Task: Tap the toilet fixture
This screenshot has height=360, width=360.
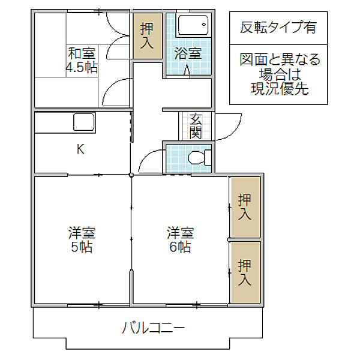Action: (x=197, y=158)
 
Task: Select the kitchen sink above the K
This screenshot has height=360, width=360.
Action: (x=82, y=122)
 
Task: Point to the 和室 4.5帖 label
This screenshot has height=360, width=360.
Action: (x=81, y=61)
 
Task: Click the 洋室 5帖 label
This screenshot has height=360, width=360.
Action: (x=82, y=239)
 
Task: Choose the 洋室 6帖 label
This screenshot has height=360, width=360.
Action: (x=180, y=239)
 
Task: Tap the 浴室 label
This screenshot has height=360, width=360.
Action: (x=188, y=53)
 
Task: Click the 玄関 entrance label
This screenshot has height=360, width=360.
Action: (x=196, y=125)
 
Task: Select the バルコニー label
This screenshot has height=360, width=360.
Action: (x=154, y=328)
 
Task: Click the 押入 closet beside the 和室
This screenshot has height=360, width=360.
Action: (x=148, y=35)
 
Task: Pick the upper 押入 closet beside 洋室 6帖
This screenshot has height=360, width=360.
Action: (x=245, y=206)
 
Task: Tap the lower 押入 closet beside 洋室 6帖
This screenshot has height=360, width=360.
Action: (x=245, y=272)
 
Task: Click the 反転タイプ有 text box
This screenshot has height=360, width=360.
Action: (x=278, y=27)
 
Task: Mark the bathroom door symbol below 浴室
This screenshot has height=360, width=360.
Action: (x=187, y=71)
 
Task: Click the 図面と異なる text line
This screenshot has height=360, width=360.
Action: (x=280, y=60)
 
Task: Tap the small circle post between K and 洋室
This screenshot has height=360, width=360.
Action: (x=131, y=175)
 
